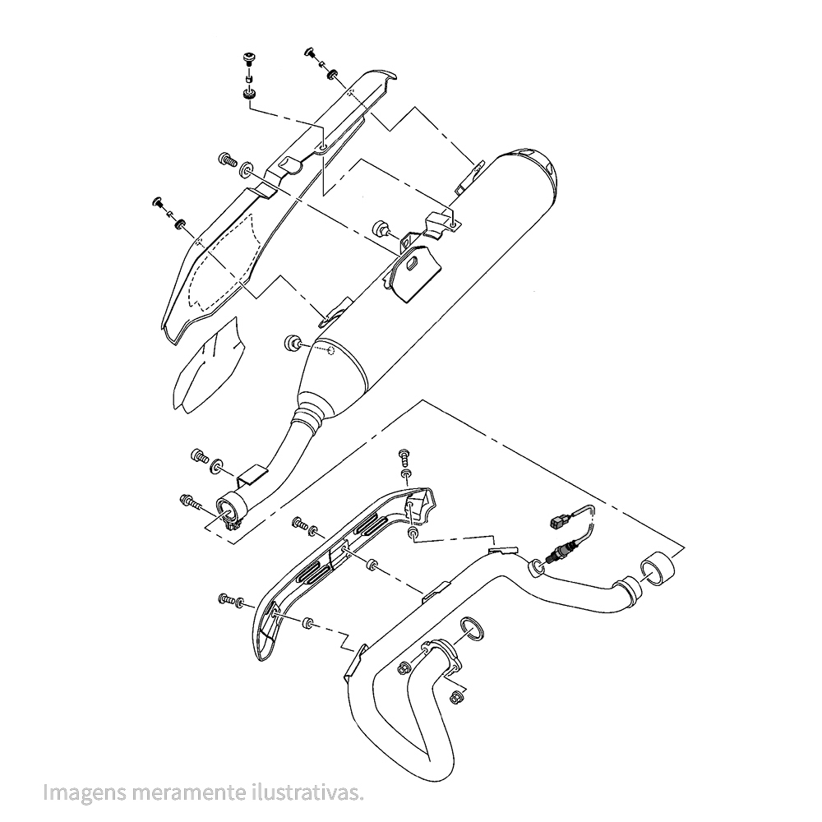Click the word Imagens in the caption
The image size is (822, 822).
(85, 792)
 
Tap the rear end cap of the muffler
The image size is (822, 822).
(529, 167)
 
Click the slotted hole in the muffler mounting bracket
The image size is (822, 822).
(415, 261)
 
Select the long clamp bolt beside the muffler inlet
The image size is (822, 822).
(192, 502)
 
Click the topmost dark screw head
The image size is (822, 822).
(247, 58)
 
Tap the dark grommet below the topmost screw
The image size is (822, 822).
(248, 96)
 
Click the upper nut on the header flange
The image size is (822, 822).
(405, 669)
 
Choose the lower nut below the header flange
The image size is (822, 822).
(455, 698)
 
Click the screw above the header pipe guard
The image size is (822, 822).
(404, 456)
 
